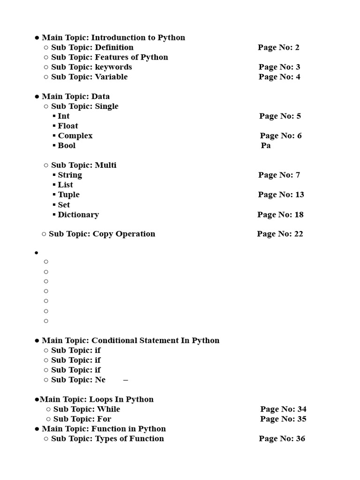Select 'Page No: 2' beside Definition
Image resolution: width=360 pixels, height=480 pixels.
pyautogui.click(x=278, y=47)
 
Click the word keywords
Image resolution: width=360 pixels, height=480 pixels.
pyautogui.click(x=113, y=67)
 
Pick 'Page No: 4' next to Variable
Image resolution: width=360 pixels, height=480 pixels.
pyautogui.click(x=279, y=77)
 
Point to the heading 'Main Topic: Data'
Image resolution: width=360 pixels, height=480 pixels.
pyautogui.click(x=75, y=97)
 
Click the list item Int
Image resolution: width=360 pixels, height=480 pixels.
pyautogui.click(x=64, y=116)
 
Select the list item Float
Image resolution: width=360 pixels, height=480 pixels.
pyautogui.click(x=68, y=126)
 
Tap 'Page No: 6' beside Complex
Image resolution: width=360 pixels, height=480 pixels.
pyautogui.click(x=281, y=136)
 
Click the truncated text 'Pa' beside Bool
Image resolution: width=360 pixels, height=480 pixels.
pyautogui.click(x=266, y=146)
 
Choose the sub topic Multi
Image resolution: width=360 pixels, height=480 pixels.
pyautogui.click(x=106, y=165)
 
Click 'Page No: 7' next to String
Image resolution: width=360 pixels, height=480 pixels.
pyautogui.click(x=279, y=175)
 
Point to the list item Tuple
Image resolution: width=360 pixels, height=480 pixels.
pyautogui.click(x=68, y=195)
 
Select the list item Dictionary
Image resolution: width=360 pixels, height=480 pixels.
pyautogui.click(x=78, y=215)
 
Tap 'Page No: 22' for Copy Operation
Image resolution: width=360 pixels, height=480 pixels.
pyautogui.click(x=280, y=234)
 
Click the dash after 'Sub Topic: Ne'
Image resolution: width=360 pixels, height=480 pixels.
pyautogui.click(x=126, y=380)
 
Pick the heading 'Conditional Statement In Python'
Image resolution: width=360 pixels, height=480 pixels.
pyautogui.click(x=155, y=341)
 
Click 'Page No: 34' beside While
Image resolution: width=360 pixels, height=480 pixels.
pyautogui.click(x=283, y=409)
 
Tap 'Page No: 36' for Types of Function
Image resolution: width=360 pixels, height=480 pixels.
pyautogui.click(x=282, y=439)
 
